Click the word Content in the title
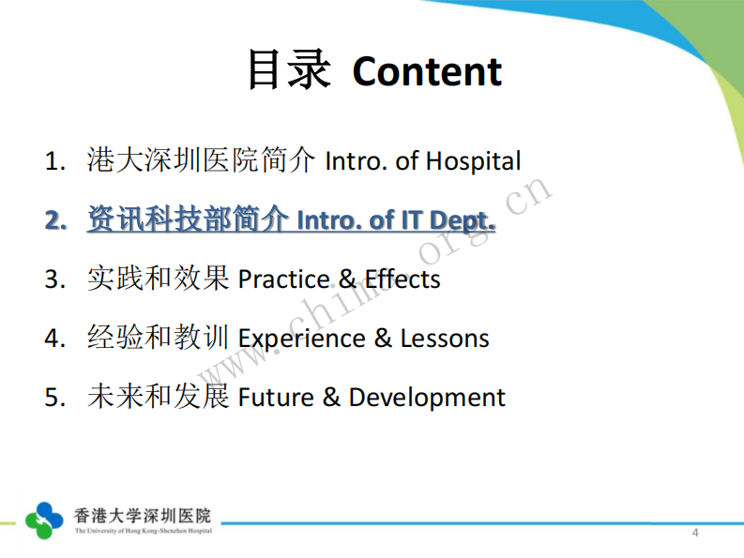(427, 71)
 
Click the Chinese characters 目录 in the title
(288, 70)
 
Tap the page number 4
(695, 534)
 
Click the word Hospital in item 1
(473, 161)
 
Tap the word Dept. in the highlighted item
(462, 220)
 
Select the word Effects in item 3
(402, 279)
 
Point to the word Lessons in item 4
(445, 339)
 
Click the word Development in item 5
(427, 398)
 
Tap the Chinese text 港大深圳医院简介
(202, 160)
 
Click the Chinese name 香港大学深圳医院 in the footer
(143, 515)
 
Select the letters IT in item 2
(412, 220)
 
